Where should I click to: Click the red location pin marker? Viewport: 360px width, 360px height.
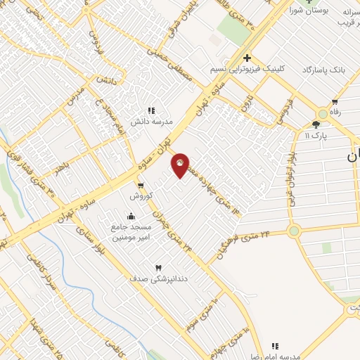coord(181,165)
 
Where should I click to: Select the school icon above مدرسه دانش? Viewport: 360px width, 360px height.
coord(150,110)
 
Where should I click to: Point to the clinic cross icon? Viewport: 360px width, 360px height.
coord(246,58)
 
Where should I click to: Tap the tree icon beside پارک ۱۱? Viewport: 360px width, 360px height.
coord(307,123)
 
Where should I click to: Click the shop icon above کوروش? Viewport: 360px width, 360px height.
coord(141,186)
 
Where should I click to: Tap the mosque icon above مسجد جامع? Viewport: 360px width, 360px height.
coord(131,216)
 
